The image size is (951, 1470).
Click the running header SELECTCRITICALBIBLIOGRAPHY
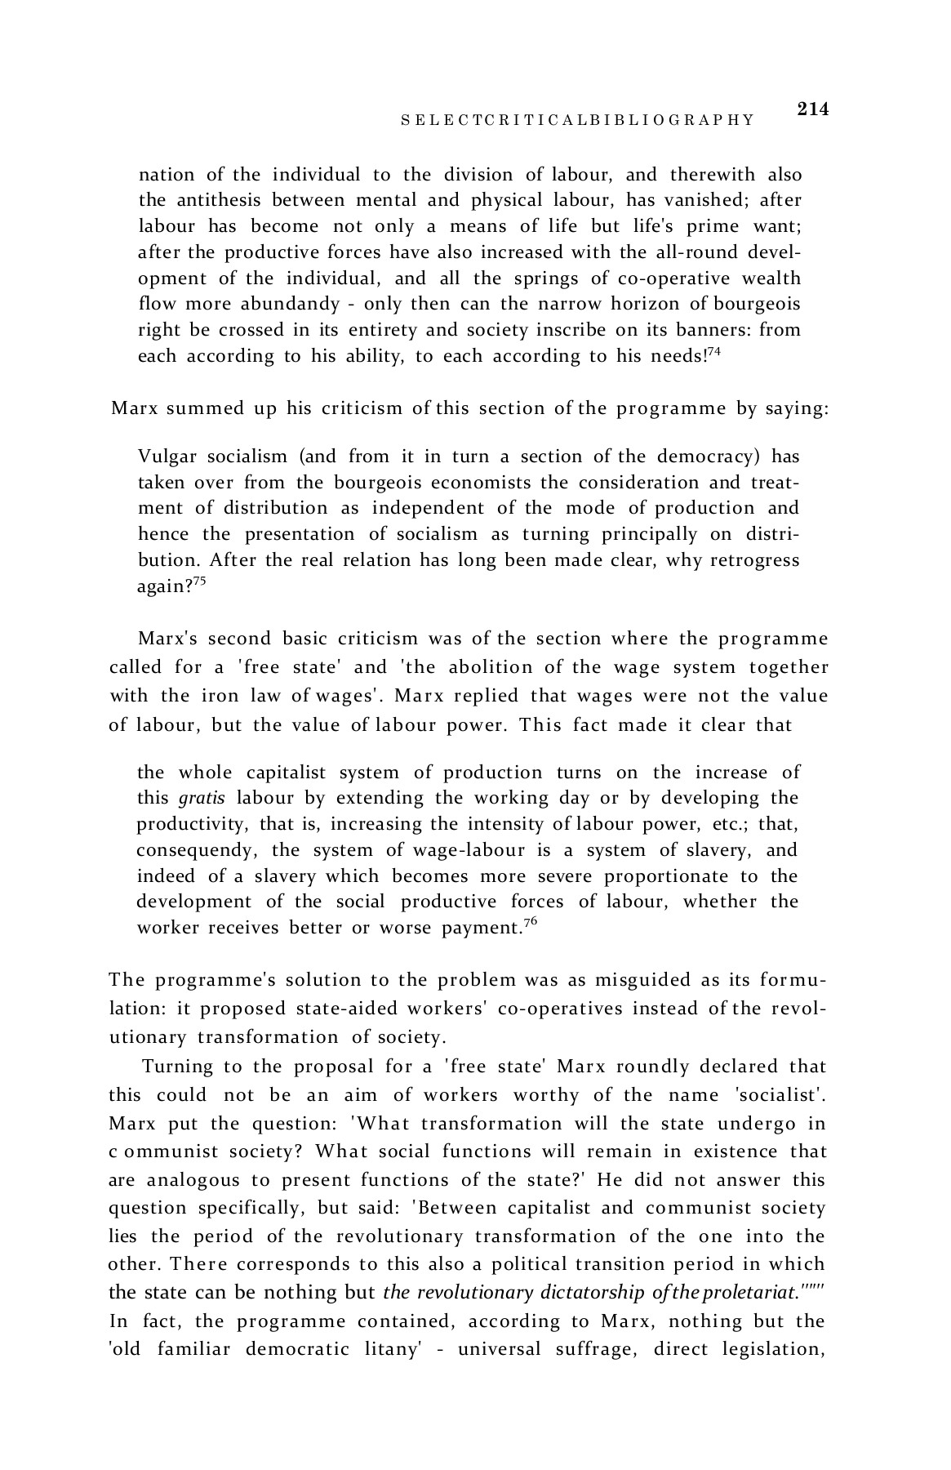[577, 121]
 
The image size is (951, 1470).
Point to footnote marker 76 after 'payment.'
[529, 922]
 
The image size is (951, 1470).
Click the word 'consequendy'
[195, 850]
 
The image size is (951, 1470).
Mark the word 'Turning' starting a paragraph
[177, 1067]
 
